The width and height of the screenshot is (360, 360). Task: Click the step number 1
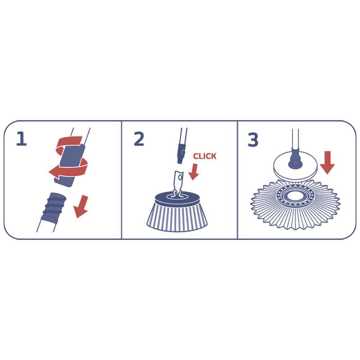coord(21,139)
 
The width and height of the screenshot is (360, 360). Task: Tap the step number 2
coord(139,139)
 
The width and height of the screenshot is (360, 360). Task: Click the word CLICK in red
coord(205,156)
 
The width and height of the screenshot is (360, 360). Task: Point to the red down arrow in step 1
coord(81,207)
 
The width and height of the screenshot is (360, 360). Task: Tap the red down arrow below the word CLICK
coord(193,172)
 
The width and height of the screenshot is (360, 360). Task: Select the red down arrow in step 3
coord(327,163)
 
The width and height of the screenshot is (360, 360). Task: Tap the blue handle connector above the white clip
coord(180,153)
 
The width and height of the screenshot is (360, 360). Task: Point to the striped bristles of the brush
coord(177,218)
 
